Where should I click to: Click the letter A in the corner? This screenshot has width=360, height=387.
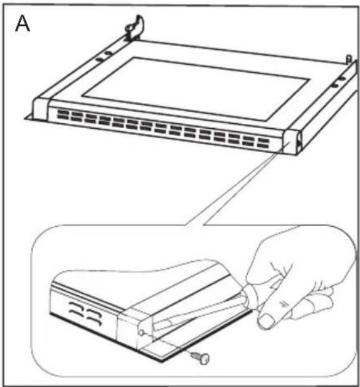click(22, 24)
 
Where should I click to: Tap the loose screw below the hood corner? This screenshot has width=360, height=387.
click(200, 357)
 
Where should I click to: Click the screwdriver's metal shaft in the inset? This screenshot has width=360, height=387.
click(197, 314)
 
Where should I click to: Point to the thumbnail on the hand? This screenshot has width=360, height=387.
click(265, 321)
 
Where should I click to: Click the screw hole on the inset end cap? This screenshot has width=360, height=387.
click(141, 332)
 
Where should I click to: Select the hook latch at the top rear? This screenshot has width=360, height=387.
click(135, 28)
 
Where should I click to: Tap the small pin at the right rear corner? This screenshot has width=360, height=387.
click(349, 59)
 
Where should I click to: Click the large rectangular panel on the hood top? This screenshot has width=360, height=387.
click(195, 89)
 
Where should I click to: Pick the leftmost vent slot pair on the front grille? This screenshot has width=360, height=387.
click(63, 115)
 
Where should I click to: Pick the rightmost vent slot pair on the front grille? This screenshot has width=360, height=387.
click(263, 143)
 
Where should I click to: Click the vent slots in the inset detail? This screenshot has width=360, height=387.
click(85, 313)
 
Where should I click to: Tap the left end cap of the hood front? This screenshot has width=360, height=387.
click(41, 108)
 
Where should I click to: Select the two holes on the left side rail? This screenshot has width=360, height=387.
click(104, 56)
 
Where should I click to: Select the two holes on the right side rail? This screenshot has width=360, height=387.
click(338, 83)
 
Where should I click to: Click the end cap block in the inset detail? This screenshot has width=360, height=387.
click(134, 328)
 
